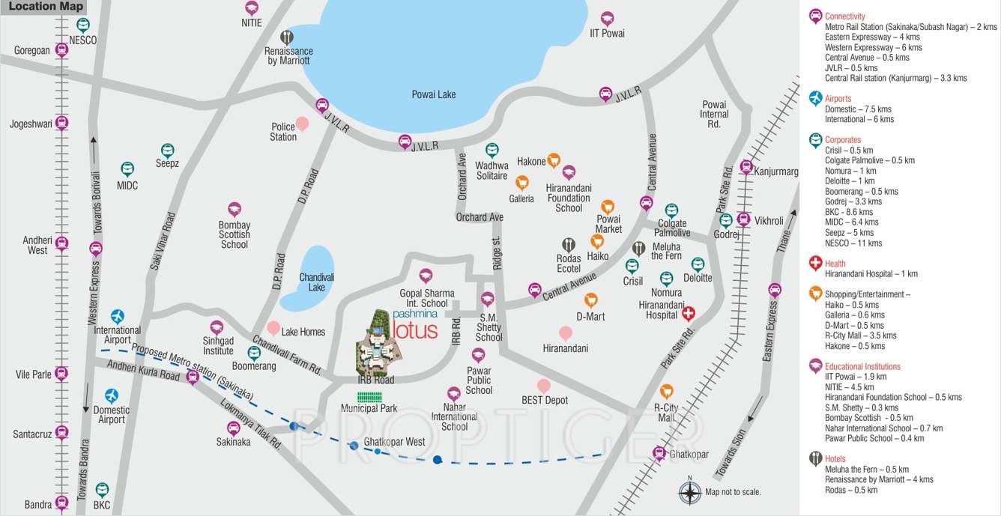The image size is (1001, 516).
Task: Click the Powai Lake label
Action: coord(433,94)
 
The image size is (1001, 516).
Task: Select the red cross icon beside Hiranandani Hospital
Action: coord(688,314)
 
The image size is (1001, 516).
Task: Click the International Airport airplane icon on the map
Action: coord(117,316)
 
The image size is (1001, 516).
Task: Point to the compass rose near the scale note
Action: coord(689,492)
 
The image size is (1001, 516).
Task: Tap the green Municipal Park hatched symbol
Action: coord(369,394)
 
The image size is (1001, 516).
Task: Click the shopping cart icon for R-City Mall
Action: coord(666,391)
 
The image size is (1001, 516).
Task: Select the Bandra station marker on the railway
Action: coord(62,504)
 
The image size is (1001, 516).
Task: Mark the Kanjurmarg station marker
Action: coord(746,167)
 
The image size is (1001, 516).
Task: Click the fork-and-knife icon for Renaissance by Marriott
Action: coord(287,37)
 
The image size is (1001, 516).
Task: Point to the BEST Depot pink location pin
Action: coord(544,386)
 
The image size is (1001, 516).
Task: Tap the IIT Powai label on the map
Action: coord(607,33)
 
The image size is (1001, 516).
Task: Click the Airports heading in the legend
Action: coord(838,98)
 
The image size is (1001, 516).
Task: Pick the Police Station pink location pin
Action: coord(302,123)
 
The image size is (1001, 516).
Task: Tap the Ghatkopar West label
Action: coord(394,442)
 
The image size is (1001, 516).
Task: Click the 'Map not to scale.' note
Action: coord(733,492)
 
